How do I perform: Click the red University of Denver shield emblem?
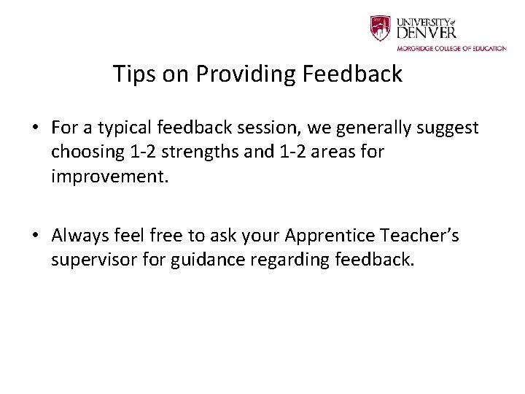(x=381, y=28)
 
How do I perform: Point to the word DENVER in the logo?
(x=427, y=33)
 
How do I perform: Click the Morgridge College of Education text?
(x=451, y=49)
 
